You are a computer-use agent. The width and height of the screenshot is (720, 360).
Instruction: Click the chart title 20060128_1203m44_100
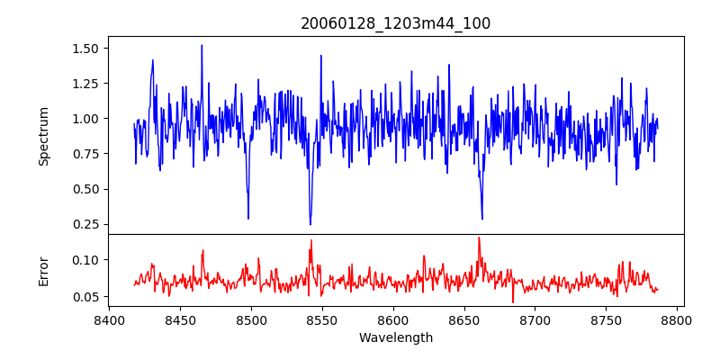point(395,23)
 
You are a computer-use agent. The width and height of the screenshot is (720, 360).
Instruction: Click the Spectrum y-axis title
point(44,136)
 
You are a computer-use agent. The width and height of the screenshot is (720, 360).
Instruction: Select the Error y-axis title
point(44,271)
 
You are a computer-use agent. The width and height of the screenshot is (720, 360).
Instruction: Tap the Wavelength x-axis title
point(395,338)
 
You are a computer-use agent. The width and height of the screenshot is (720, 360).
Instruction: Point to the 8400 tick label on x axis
point(109,319)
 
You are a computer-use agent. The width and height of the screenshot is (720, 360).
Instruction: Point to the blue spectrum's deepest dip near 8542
point(310,224)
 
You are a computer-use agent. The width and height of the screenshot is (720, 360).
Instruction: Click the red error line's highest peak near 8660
point(479,238)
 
